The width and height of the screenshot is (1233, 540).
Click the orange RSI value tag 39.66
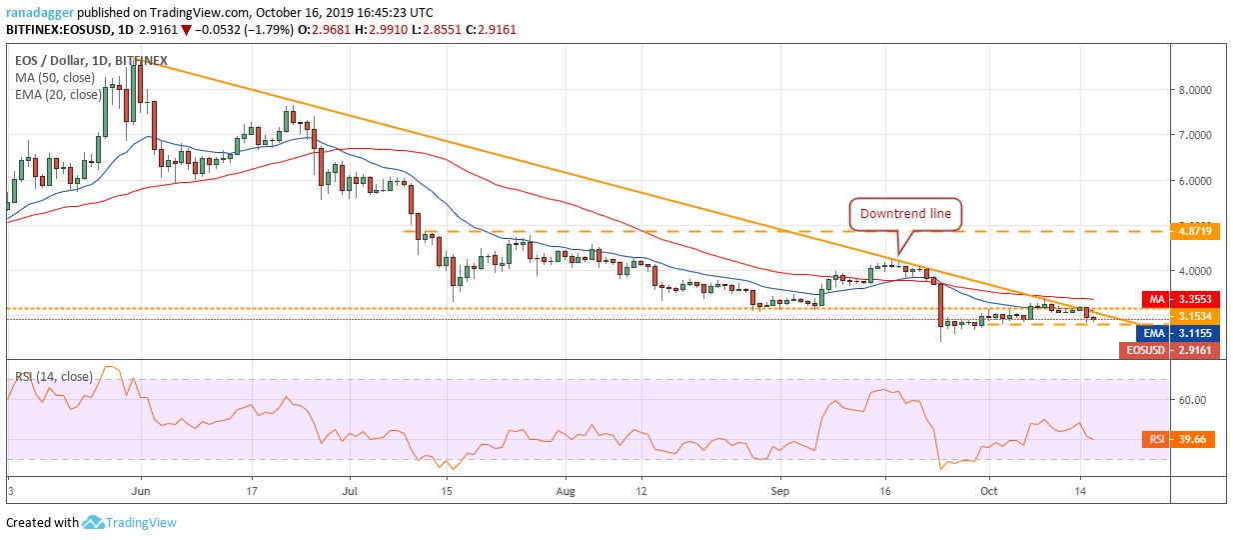pyautogui.click(x=1193, y=438)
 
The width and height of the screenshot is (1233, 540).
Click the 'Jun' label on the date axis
pyautogui.click(x=140, y=492)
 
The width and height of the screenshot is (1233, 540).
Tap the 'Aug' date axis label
pyautogui.click(x=566, y=492)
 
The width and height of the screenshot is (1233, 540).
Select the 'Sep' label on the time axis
pyautogui.click(x=780, y=492)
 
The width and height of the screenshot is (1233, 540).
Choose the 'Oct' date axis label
pyautogui.click(x=989, y=492)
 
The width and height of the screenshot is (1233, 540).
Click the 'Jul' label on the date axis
pyautogui.click(x=350, y=492)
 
